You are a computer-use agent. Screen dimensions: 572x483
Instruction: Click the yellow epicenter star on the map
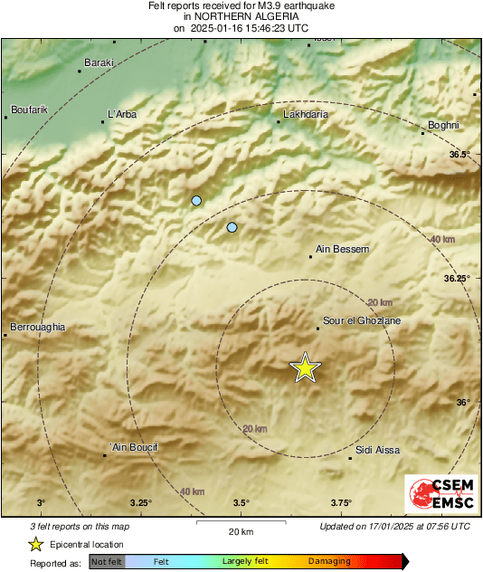(306, 367)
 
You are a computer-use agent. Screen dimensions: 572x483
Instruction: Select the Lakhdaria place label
(306, 115)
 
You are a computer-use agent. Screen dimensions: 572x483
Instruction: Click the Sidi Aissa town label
(377, 450)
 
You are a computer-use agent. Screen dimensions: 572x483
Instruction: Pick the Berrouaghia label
(37, 327)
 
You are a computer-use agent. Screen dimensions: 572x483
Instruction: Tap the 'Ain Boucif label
(133, 447)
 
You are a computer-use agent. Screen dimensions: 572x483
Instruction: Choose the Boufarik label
(28, 110)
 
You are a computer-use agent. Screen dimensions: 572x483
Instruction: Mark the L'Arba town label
(123, 114)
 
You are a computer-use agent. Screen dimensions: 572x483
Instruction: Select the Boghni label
(443, 125)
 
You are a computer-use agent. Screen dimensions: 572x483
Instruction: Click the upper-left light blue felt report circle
(196, 200)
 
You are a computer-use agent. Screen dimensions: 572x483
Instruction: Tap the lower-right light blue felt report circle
(232, 227)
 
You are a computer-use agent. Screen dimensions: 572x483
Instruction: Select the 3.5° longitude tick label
(241, 503)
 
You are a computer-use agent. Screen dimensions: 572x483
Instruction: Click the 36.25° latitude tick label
(457, 279)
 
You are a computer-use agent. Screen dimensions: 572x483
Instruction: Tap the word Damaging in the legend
(329, 561)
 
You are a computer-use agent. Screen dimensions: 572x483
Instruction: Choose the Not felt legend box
(107, 561)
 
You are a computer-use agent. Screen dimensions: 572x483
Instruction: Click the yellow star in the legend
(35, 544)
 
